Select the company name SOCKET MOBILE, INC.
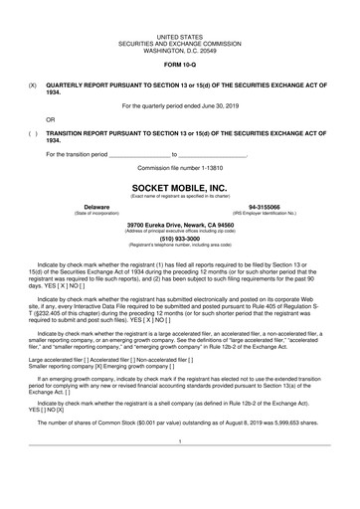[180, 186]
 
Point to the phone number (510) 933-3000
[180, 238]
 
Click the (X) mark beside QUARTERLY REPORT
[34, 85]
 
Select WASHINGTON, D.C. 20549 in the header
[180, 48]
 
